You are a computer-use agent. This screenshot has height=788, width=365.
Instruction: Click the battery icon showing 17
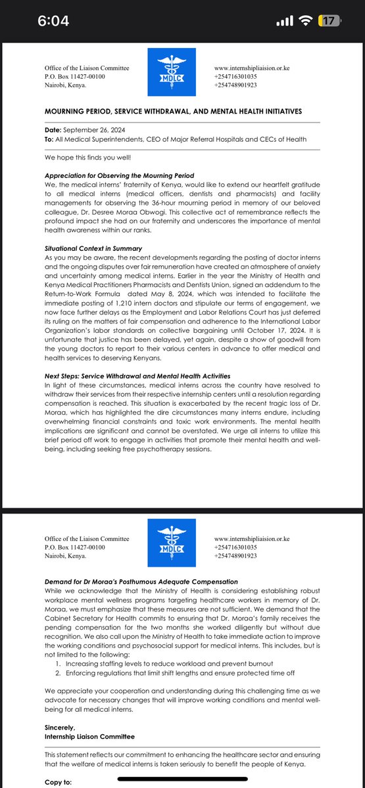[x=329, y=21]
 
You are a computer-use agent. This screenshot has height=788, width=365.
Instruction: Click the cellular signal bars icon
[x=285, y=21]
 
